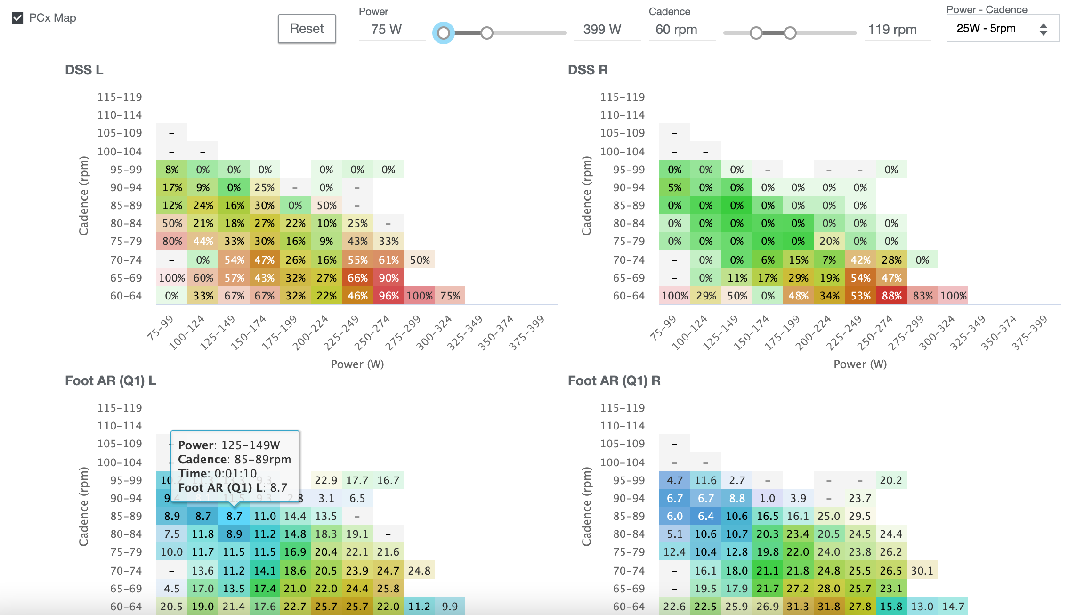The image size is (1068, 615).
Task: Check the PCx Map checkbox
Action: pyautogui.click(x=18, y=18)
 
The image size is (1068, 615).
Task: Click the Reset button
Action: pyautogui.click(x=307, y=29)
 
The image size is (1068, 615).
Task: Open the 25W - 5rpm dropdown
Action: pyautogui.click(x=1002, y=29)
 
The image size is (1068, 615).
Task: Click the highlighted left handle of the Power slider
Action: pyautogui.click(x=444, y=33)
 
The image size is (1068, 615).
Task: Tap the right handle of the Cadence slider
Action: pyautogui.click(x=790, y=33)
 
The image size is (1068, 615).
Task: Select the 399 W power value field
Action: pyautogui.click(x=602, y=30)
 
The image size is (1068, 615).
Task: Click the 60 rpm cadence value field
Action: pyautogui.click(x=677, y=30)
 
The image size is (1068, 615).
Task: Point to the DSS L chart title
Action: pyautogui.click(x=84, y=70)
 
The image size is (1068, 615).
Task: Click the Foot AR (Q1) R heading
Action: pyautogui.click(x=614, y=380)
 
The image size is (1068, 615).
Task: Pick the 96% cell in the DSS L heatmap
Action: pyautogui.click(x=388, y=296)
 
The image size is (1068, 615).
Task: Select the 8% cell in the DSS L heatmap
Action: pyautogui.click(x=172, y=170)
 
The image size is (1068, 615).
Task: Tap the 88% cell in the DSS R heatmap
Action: pyautogui.click(x=891, y=296)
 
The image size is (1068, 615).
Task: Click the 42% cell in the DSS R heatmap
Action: pyautogui.click(x=860, y=260)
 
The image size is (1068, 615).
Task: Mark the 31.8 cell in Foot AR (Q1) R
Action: pyautogui.click(x=829, y=607)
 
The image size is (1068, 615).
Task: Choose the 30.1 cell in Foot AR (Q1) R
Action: pyautogui.click(x=922, y=571)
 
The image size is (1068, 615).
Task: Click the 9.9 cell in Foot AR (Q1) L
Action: pyautogui.click(x=450, y=607)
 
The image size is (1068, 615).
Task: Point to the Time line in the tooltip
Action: pyautogui.click(x=218, y=473)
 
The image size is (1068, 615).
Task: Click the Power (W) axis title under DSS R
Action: pyautogui.click(x=860, y=364)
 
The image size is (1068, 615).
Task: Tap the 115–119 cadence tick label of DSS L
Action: pyautogui.click(x=120, y=97)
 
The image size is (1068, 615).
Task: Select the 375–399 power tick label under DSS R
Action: pyautogui.click(x=1030, y=332)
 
